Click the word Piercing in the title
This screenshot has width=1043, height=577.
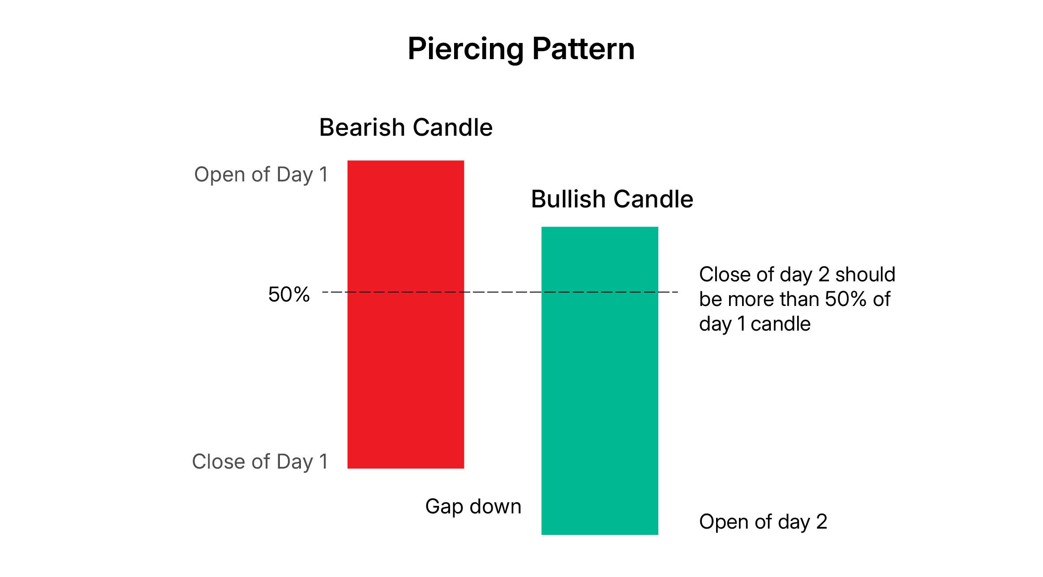[466, 50]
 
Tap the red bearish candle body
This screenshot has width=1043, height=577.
[406, 314]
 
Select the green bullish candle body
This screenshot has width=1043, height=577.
[600, 381]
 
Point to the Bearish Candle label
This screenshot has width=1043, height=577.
[406, 127]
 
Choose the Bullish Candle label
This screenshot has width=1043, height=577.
[612, 199]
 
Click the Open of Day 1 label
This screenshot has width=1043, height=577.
[261, 175]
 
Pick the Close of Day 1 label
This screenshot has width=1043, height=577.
[260, 461]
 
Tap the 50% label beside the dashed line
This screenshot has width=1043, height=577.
[289, 295]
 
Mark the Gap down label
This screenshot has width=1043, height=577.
[473, 507]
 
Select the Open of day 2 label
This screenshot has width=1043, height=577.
[763, 522]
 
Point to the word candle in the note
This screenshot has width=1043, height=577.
[781, 323]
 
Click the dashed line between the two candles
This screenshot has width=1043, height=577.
[503, 292]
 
